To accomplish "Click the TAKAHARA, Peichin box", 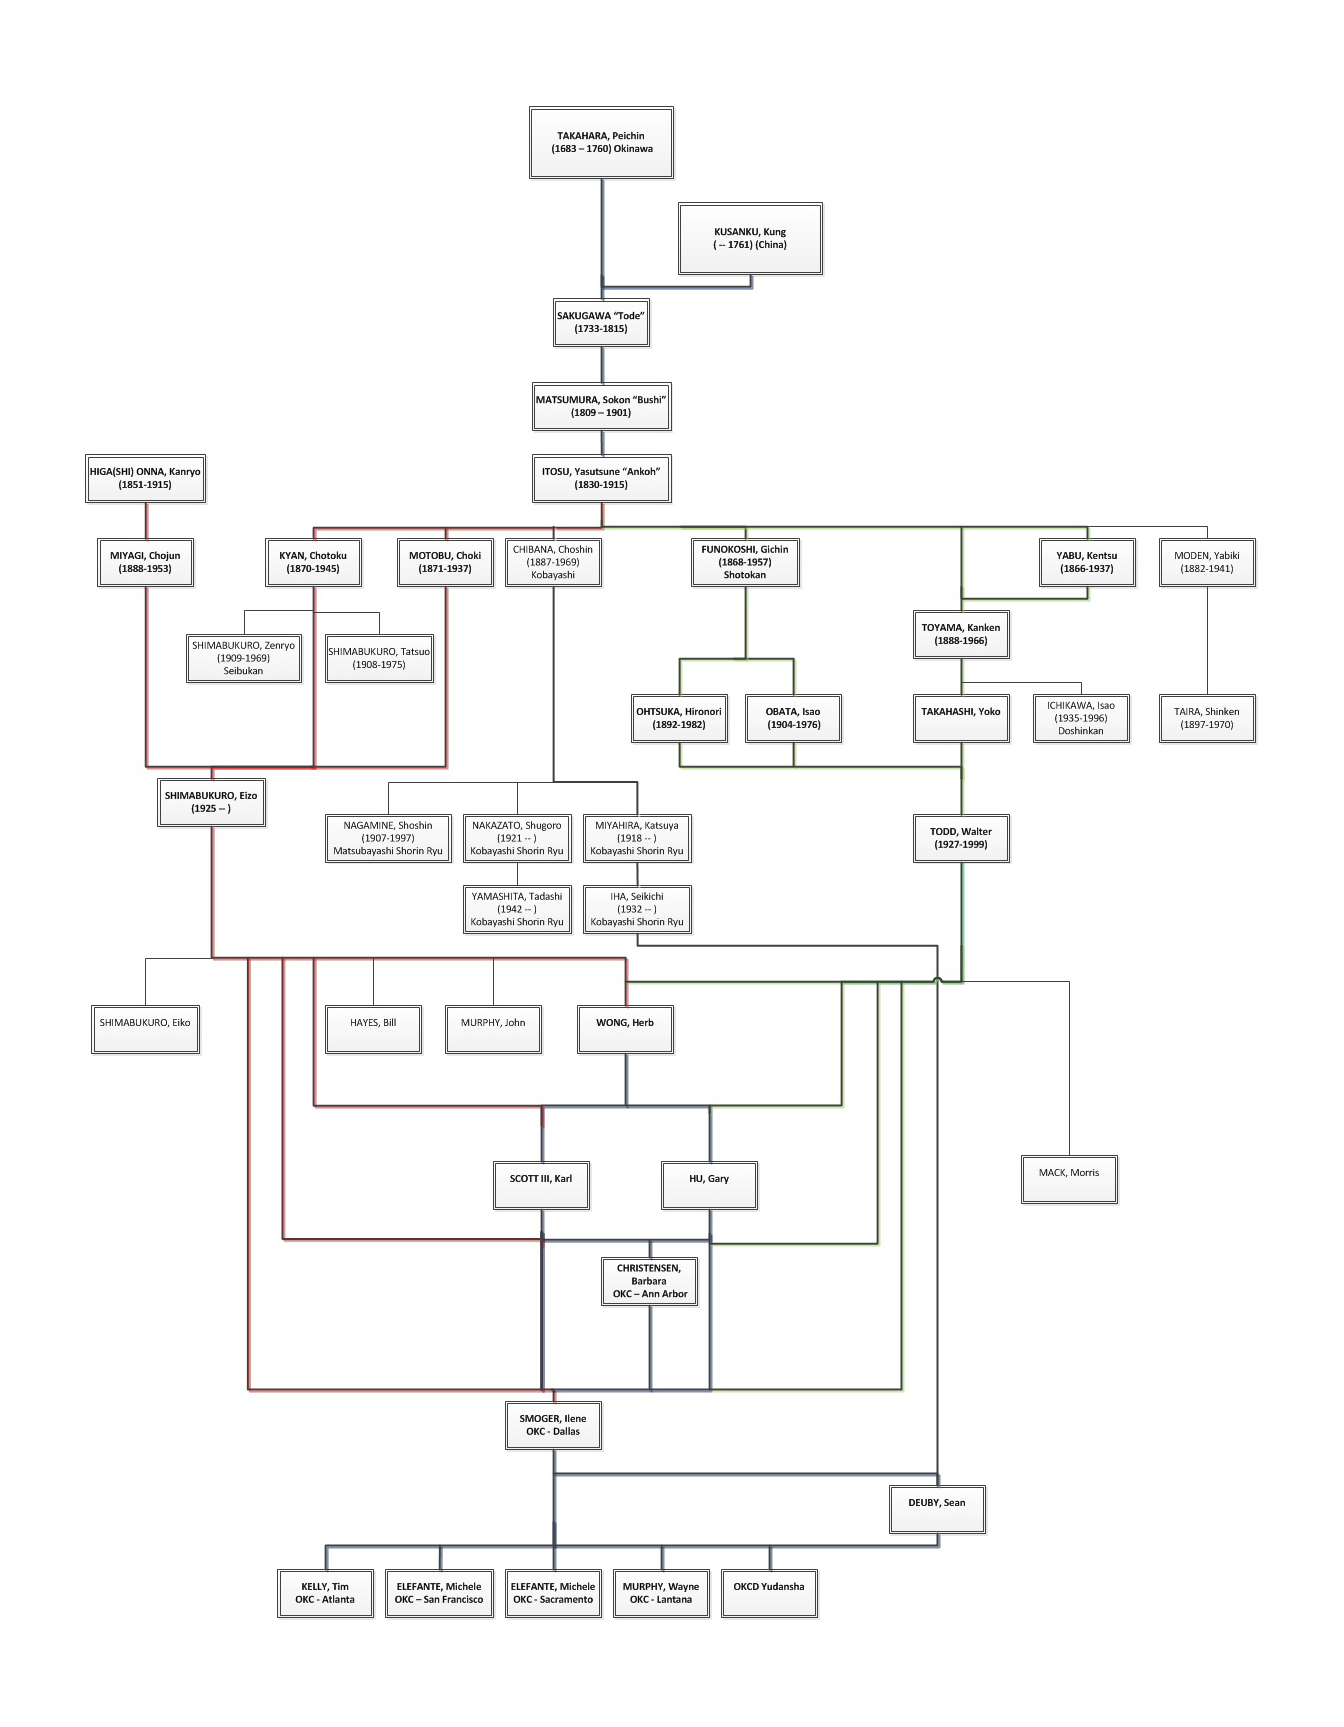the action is tap(601, 142).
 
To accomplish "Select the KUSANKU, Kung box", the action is tap(750, 238).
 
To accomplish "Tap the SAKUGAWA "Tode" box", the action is tap(601, 322).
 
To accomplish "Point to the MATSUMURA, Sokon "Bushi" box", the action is tap(601, 406).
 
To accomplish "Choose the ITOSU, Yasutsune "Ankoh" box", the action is tap(601, 478).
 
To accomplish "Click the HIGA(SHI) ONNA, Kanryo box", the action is tap(145, 478).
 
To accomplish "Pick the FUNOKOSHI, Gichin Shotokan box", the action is tap(745, 562).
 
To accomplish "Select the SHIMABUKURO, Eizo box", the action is tap(211, 802).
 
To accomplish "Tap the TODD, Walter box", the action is tap(961, 838).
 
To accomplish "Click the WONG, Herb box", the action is tap(625, 1029).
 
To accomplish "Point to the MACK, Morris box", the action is tap(1069, 1179).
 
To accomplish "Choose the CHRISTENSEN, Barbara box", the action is tap(649, 1281).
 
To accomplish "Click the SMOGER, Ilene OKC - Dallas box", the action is tap(553, 1425).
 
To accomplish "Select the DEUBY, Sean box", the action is tap(937, 1509).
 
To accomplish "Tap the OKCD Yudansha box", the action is tap(769, 1593).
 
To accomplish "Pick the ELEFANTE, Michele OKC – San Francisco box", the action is tap(439, 1593).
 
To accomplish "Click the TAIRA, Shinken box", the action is tap(1207, 718).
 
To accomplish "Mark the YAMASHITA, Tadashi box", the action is tap(517, 909).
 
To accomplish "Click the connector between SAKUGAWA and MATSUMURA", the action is tap(602, 365).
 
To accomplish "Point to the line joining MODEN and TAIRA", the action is tap(1207, 641).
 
